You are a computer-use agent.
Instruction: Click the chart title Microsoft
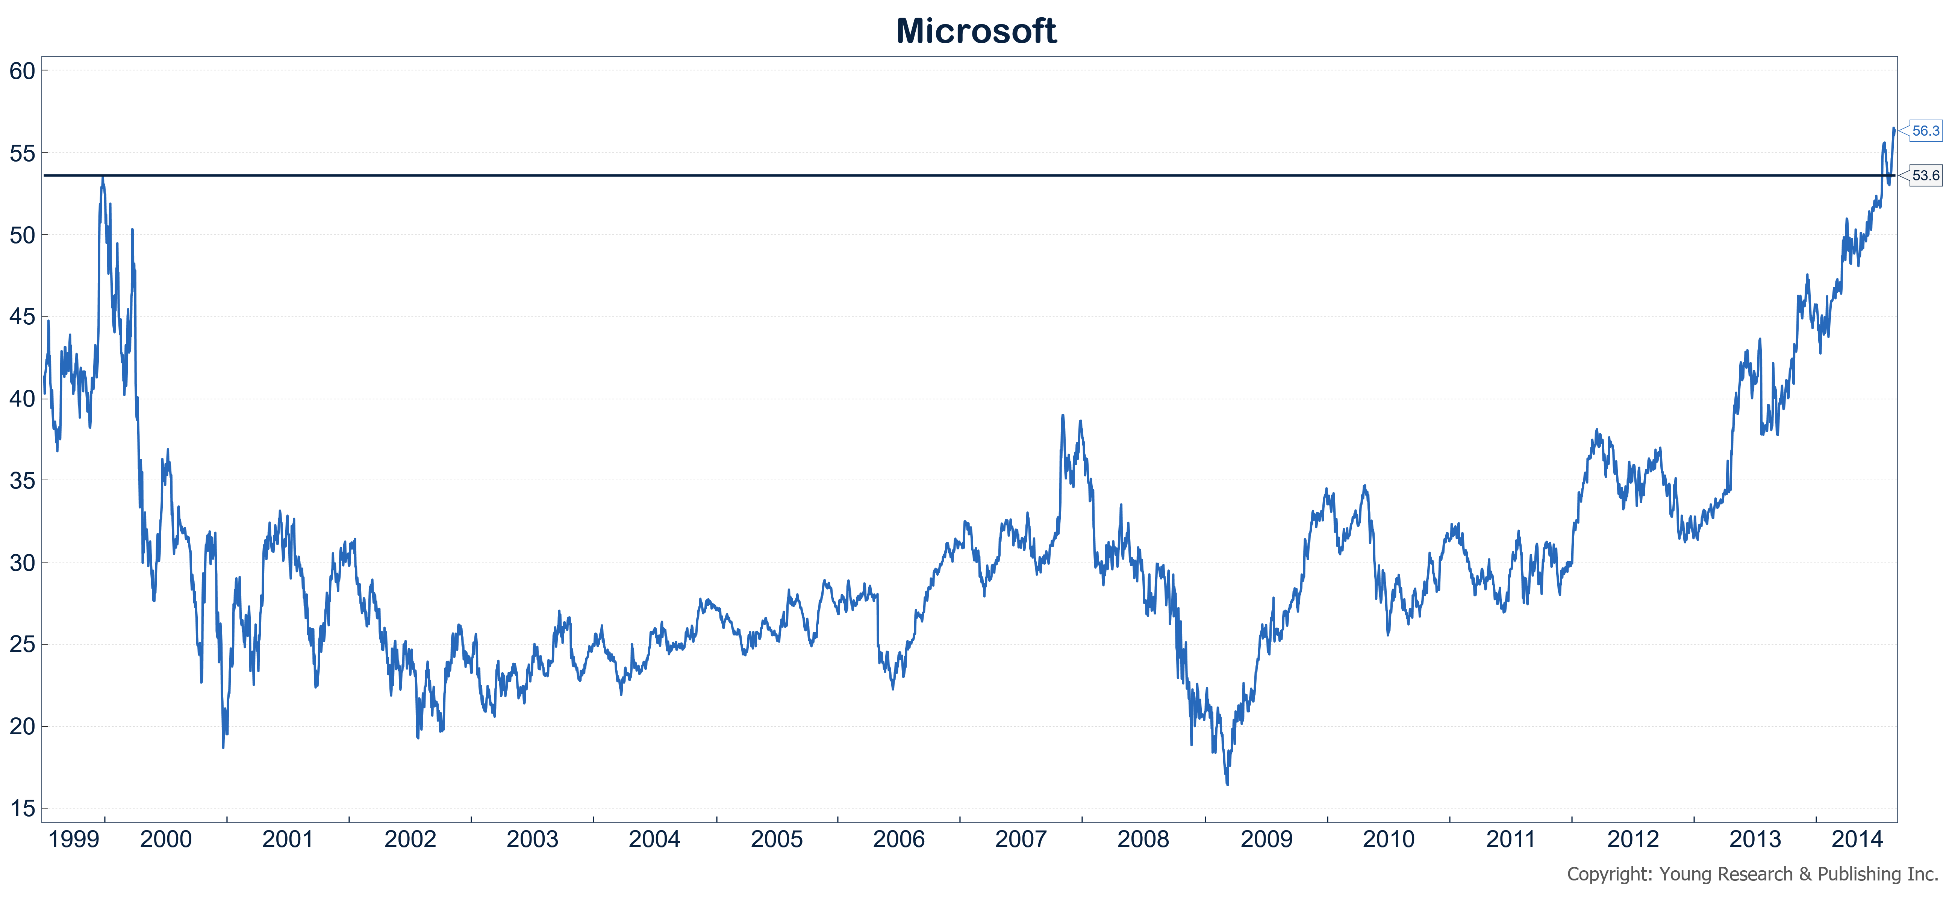[976, 31]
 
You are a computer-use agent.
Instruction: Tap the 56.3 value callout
[1925, 131]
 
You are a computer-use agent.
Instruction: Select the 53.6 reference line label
[1925, 176]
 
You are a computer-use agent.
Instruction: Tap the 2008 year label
[1143, 840]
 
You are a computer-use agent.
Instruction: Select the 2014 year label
[1857, 840]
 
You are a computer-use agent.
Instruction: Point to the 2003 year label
[532, 840]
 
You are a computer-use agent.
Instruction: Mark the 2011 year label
[1510, 840]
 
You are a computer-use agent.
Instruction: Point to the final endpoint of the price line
[1894, 129]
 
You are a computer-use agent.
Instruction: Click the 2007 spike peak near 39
[1062, 415]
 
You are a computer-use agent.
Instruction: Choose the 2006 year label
[899, 840]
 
